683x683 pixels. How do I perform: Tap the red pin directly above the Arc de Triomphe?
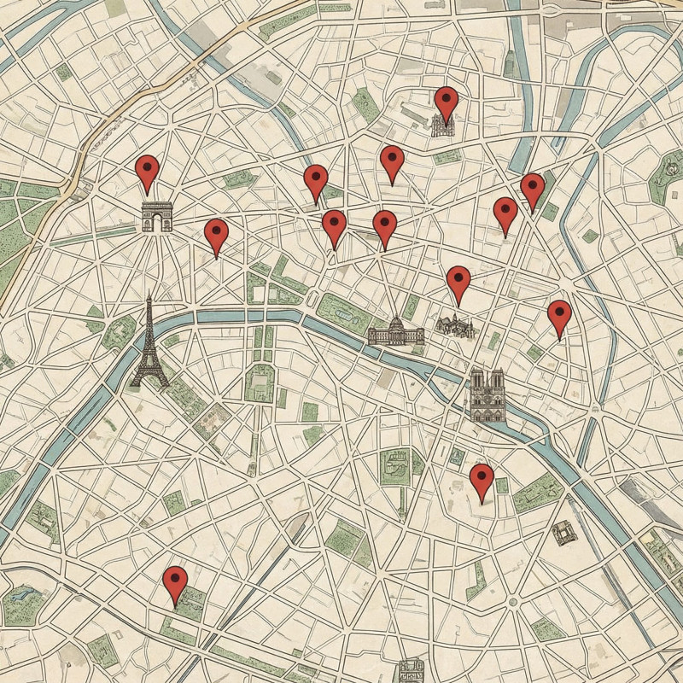click(x=147, y=171)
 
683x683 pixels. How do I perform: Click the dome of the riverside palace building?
click(x=396, y=324)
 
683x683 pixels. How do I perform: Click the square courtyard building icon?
click(x=563, y=534)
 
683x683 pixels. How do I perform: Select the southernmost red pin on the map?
click(x=175, y=582)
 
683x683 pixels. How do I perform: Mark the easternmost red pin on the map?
click(x=559, y=316)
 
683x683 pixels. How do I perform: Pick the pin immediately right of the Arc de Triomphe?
click(x=216, y=235)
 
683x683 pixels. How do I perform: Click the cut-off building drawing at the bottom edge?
click(x=412, y=671)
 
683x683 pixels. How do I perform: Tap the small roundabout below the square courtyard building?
click(x=513, y=602)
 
